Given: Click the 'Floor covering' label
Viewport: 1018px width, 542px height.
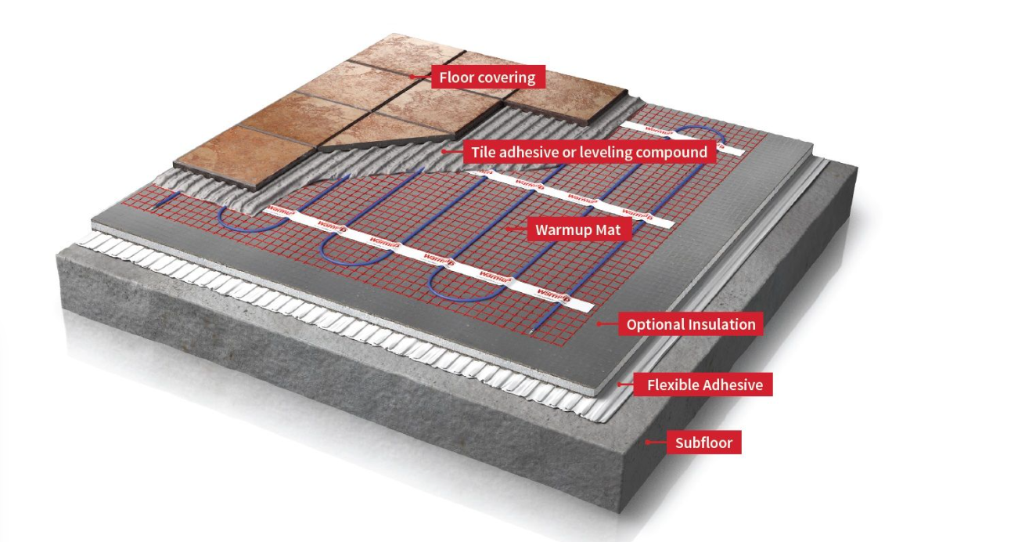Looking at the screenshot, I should pos(487,78).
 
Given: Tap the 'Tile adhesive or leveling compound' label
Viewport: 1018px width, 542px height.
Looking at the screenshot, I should pos(589,152).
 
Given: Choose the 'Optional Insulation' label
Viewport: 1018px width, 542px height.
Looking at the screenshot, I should pos(691,324).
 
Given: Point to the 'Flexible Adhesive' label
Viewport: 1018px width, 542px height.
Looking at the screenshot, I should pos(705,385).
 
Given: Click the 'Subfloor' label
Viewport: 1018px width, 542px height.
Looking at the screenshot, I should pos(703,443).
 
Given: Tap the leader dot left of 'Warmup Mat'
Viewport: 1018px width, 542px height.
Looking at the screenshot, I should pos(509,229).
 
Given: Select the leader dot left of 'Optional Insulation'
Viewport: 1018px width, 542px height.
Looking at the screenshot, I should pos(600,323).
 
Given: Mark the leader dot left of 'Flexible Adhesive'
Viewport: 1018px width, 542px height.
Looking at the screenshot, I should pos(620,384).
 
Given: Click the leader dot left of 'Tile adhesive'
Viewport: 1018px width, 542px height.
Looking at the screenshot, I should pos(444,151).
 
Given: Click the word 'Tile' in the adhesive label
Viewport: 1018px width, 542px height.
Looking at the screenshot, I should pos(483,152).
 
